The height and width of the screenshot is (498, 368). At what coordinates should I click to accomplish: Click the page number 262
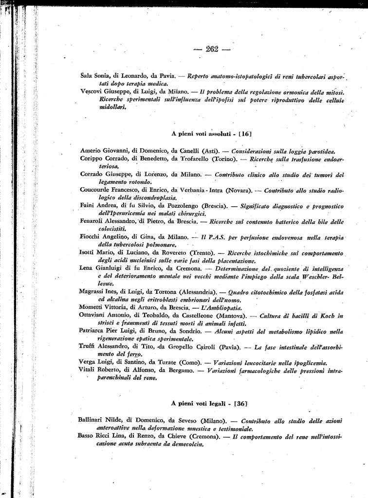tap(213, 48)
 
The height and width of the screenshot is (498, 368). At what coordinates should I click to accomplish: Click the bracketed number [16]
tap(245, 132)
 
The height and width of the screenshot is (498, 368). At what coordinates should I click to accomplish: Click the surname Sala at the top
tap(87, 76)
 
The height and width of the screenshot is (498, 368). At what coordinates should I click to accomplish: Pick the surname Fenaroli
tap(92, 221)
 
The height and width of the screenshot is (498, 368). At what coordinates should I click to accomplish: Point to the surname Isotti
tap(88, 252)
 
